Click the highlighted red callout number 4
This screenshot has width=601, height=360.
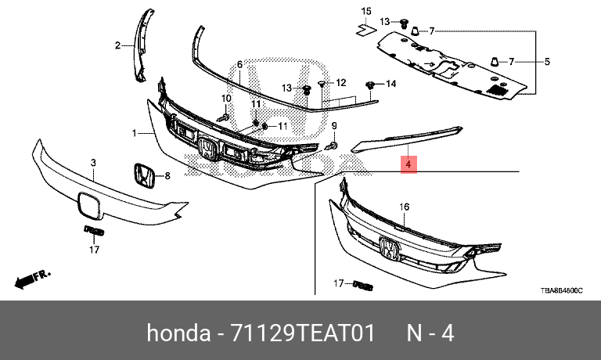tap(408, 164)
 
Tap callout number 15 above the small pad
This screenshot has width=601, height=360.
tap(364, 10)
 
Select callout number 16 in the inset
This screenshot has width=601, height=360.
tap(405, 207)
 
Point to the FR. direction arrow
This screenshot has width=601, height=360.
tap(32, 277)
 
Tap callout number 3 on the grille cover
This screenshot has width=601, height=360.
tap(92, 164)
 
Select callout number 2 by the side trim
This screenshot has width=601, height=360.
tap(119, 46)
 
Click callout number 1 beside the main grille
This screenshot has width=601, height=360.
tap(135, 133)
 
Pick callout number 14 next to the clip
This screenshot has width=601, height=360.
tap(390, 83)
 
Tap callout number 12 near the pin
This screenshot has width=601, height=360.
tap(340, 82)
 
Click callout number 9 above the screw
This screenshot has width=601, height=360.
tap(333, 126)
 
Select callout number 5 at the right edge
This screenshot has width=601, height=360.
tap(546, 61)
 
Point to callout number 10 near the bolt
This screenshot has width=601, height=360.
tap(227, 99)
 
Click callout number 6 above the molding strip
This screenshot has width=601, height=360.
tap(239, 63)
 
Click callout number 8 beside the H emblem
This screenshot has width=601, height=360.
tap(167, 176)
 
